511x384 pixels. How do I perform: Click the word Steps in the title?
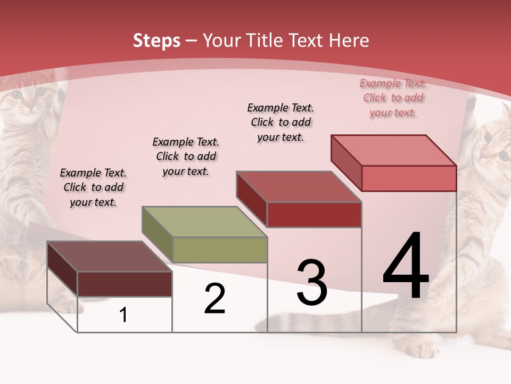pos(156,41)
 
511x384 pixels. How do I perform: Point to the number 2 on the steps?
pos(215,299)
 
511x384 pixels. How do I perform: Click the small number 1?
pos(123,315)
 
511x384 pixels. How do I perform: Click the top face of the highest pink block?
pos(394,150)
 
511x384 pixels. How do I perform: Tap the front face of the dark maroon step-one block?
pos(125,284)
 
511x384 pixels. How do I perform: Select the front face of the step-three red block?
pos(314,214)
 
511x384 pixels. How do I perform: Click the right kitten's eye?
pos(488,137)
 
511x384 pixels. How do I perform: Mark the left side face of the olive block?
pos(158,235)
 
